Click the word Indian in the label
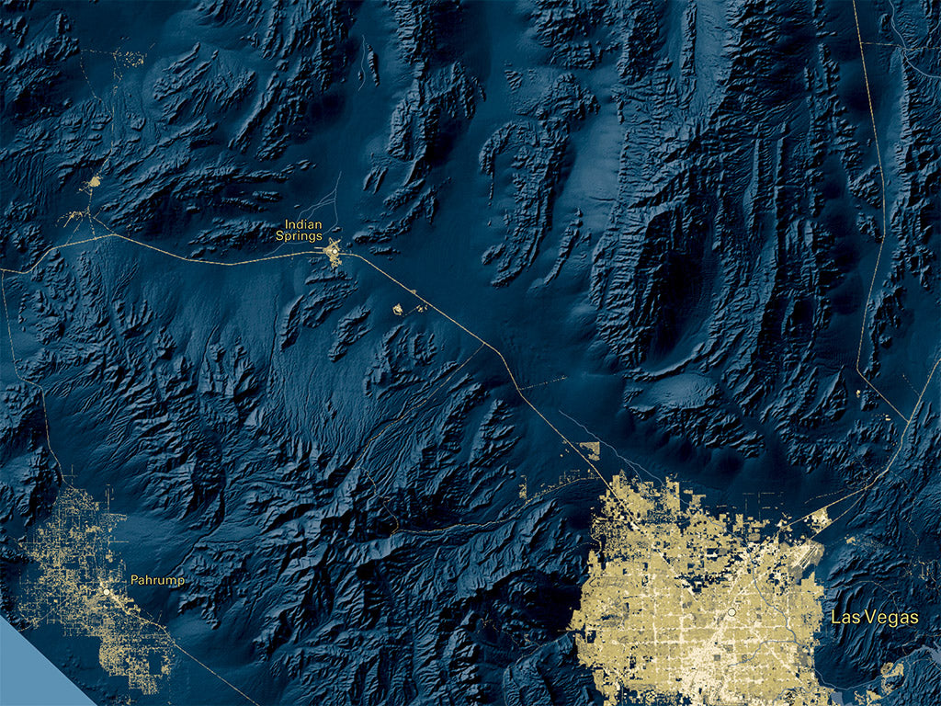(303, 223)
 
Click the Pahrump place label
(157, 580)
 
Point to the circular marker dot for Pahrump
(107, 592)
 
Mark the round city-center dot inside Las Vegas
(731, 611)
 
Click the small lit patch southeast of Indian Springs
(399, 310)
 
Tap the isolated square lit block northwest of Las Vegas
(591, 450)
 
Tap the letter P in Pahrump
(134, 580)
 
